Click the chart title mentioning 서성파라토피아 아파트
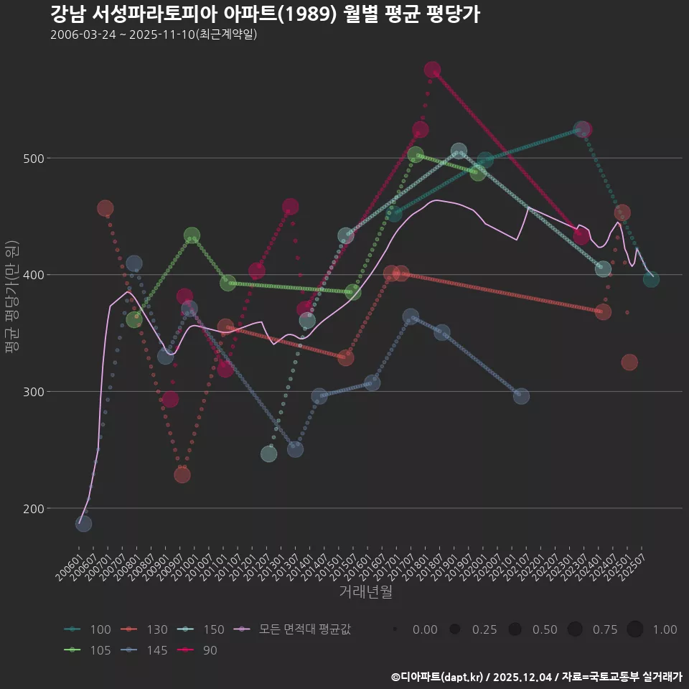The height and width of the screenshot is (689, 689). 265,14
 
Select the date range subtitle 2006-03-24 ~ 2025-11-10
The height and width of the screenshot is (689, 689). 154,34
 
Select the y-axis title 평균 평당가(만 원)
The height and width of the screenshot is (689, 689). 11,297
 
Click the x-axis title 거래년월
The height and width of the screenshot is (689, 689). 365,592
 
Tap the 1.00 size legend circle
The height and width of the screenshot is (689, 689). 635,629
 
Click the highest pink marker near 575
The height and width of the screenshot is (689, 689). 432,70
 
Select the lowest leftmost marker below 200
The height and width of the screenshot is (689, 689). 83,523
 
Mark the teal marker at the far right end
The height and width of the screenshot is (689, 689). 651,279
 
